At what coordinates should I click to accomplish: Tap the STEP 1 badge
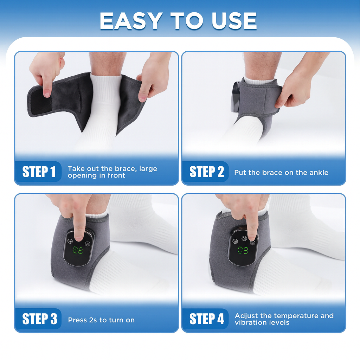click(39, 172)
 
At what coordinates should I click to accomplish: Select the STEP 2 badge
click(206, 172)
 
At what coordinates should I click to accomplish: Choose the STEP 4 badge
click(206, 319)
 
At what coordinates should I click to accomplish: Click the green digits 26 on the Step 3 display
click(78, 250)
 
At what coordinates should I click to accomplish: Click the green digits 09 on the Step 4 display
click(243, 250)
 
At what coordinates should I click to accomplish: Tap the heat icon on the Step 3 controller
click(70, 241)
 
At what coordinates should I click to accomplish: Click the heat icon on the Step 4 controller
click(235, 241)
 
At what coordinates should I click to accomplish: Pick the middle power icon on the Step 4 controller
click(244, 239)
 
